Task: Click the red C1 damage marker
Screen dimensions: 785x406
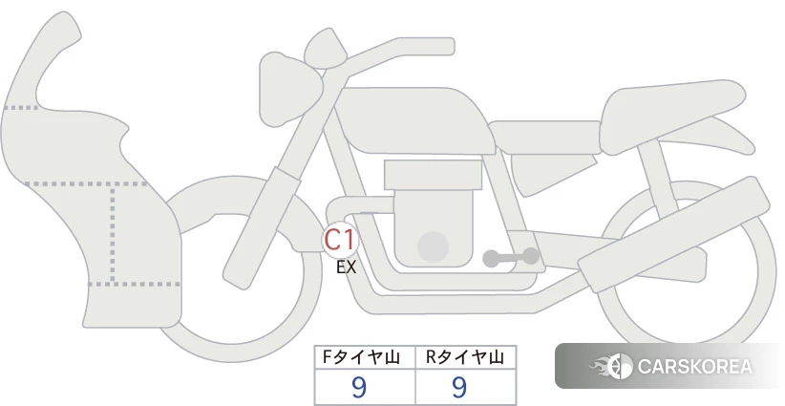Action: (340, 240)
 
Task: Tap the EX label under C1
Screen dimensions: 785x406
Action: (346, 267)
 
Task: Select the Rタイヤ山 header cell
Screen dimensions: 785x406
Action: (466, 357)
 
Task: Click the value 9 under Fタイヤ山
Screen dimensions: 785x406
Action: (359, 388)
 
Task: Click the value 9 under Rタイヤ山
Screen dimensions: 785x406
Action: (459, 388)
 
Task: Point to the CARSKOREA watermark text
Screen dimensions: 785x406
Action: (694, 367)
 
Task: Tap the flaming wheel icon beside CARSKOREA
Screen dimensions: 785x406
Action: (612, 366)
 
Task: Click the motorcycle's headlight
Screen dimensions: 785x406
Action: (289, 89)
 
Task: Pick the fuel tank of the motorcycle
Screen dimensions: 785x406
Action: (412, 120)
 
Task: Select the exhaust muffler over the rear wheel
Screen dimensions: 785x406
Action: (674, 234)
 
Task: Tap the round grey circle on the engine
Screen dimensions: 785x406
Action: (433, 247)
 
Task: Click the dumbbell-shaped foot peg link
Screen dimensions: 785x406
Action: (511, 257)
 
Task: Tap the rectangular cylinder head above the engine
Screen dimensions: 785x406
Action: (433, 175)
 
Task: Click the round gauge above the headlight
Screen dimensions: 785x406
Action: (326, 48)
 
